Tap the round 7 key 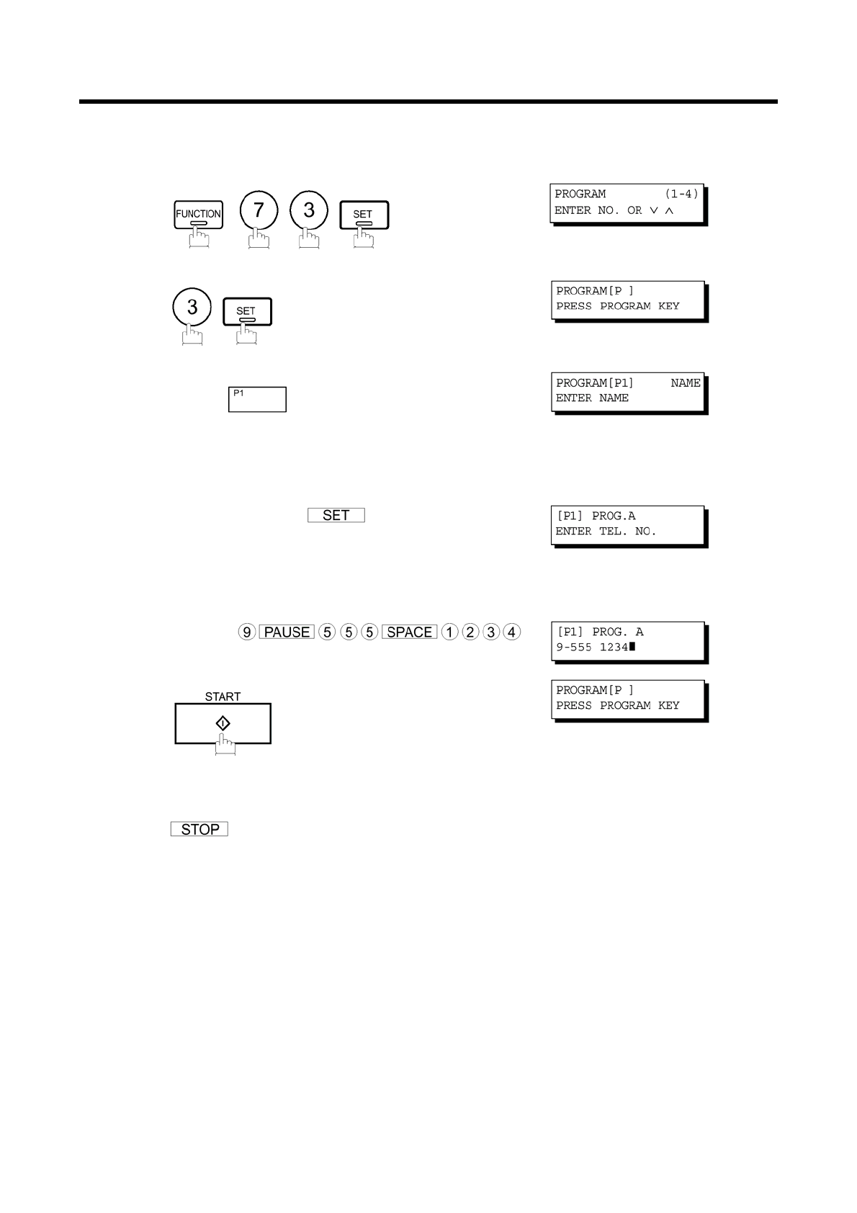[x=259, y=210]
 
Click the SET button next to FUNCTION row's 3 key [x=364, y=215]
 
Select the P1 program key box [x=257, y=399]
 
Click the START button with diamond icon [x=223, y=723]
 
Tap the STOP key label [x=199, y=829]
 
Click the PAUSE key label [x=287, y=632]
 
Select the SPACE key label [x=409, y=632]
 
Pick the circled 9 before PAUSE [x=246, y=632]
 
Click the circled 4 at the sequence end [x=511, y=632]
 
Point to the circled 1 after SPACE [x=450, y=632]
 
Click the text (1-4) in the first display [x=681, y=194]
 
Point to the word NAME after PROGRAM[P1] [x=685, y=383]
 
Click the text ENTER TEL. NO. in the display [x=606, y=532]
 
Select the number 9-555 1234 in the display [x=592, y=648]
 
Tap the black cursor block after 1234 [x=632, y=647]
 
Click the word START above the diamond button [x=223, y=697]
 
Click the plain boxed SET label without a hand [x=336, y=515]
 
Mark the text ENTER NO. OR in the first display [x=598, y=211]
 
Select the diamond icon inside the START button [x=223, y=723]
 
